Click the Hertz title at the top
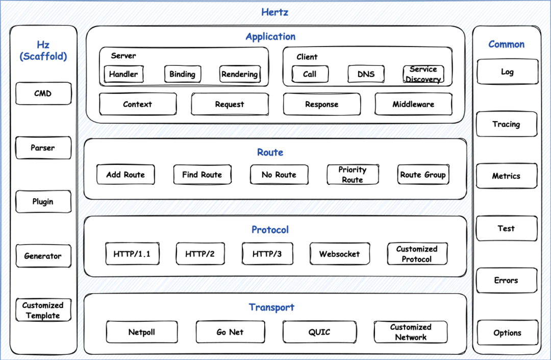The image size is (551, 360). pyautogui.click(x=275, y=12)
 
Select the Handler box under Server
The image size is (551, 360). pyautogui.click(x=123, y=74)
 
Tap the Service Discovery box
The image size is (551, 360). pyautogui.click(x=423, y=74)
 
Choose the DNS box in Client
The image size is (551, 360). pyautogui.click(x=366, y=74)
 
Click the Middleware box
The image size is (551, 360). pyautogui.click(x=413, y=104)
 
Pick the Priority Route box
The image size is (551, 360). pyautogui.click(x=353, y=174)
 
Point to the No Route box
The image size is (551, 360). pyautogui.click(x=279, y=174)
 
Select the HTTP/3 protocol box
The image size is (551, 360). pyautogui.click(x=267, y=253)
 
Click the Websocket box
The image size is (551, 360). pyautogui.click(x=339, y=253)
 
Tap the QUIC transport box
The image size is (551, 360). pyautogui.click(x=319, y=332)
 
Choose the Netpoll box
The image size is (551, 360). pyautogui.click(x=142, y=332)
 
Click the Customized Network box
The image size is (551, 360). pyautogui.click(x=410, y=332)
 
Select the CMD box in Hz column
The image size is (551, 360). pyautogui.click(x=43, y=93)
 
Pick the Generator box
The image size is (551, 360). pyautogui.click(x=43, y=256)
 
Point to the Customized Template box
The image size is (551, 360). pyautogui.click(x=43, y=310)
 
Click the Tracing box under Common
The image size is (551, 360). pyautogui.click(x=507, y=124)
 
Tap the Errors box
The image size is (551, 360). pyautogui.click(x=507, y=280)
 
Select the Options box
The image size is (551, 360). pyautogui.click(x=508, y=332)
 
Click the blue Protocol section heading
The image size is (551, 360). pyautogui.click(x=270, y=230)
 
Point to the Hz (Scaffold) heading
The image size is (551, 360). pyautogui.click(x=43, y=51)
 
